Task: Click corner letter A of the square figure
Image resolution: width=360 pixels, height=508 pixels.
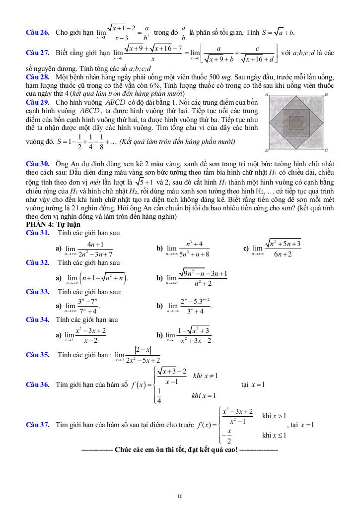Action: (x=267, y=94)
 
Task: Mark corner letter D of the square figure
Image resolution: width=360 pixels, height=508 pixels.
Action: (x=267, y=150)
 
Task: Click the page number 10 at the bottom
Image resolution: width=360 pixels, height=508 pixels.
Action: (x=180, y=496)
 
